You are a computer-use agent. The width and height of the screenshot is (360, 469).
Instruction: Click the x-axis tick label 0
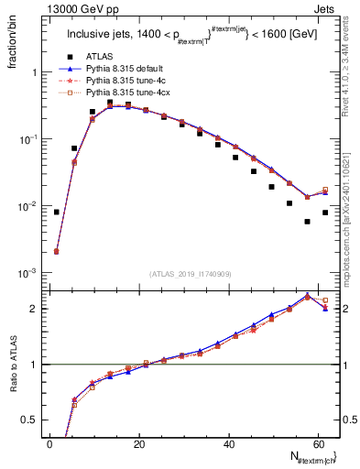coord(49,443)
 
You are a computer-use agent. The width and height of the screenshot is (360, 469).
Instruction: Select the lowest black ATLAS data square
coord(307,222)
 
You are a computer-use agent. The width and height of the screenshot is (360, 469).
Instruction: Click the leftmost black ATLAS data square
coord(57,212)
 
